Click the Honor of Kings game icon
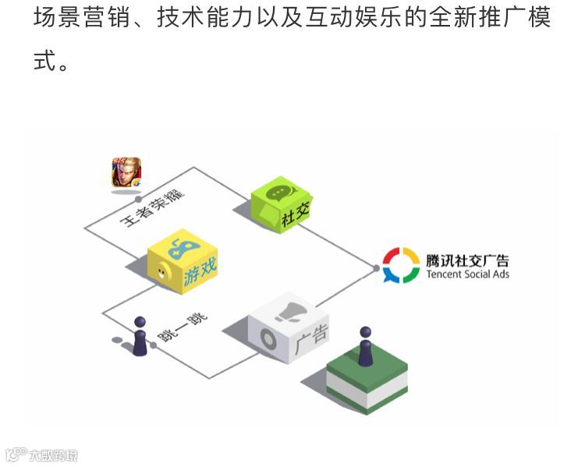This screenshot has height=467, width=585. pyautogui.click(x=126, y=173)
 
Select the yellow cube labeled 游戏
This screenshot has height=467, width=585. pyautogui.click(x=183, y=262)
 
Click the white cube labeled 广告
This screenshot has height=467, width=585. pyautogui.click(x=289, y=328)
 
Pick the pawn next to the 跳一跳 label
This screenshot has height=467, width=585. pyautogui.click(x=140, y=336)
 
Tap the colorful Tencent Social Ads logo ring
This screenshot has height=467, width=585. pyautogui.click(x=401, y=265)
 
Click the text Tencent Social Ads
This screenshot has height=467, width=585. pyautogui.click(x=467, y=274)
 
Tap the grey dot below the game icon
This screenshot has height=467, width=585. pyautogui.click(x=138, y=200)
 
